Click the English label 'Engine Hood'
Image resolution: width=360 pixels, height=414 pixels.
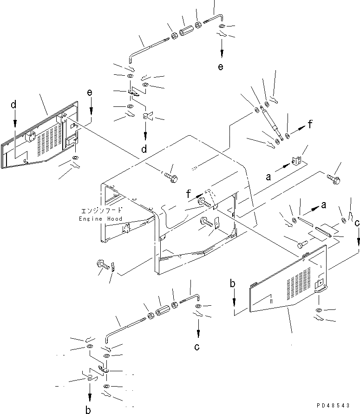100,219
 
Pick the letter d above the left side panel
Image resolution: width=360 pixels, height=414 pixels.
14,105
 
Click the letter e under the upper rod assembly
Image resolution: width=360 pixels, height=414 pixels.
221,66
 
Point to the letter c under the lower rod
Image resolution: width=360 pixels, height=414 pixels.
197,347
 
